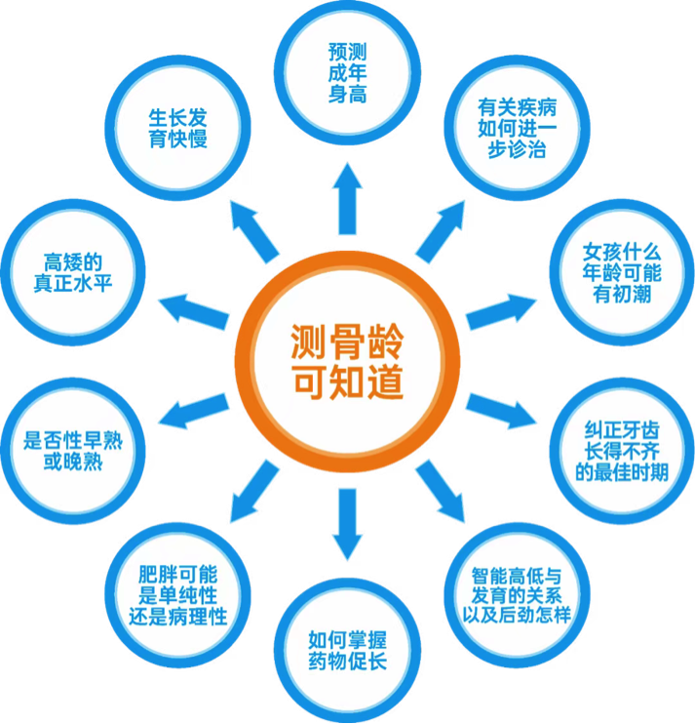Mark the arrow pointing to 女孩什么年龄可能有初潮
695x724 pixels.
click(500, 309)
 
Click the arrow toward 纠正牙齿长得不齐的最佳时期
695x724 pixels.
click(500, 410)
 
